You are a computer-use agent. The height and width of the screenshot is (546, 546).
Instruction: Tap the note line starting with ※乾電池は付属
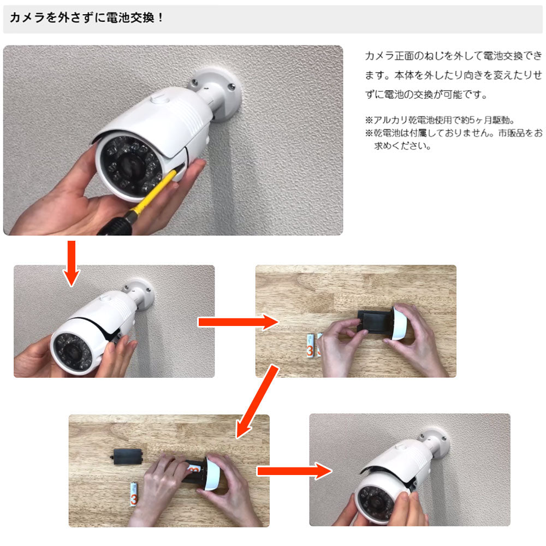(453, 133)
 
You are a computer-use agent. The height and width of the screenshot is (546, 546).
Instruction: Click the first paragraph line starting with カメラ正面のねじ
(453, 56)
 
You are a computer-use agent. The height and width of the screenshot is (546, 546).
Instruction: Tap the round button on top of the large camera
(159, 98)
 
